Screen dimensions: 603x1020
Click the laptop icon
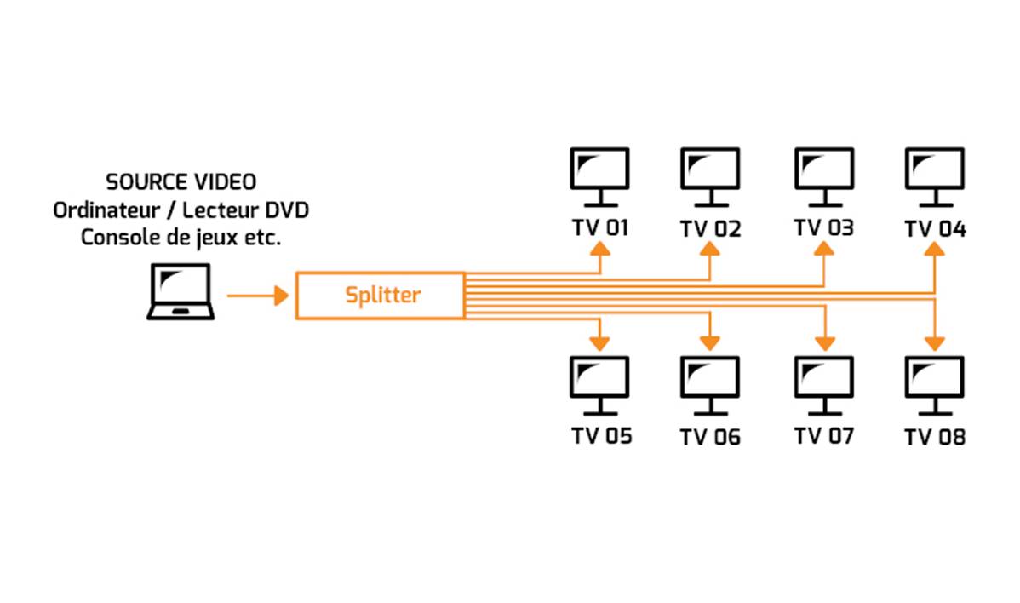coord(181,291)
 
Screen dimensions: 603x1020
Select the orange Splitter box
coord(380,296)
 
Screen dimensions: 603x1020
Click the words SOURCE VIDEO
coord(181,183)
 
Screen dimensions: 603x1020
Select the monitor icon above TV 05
coord(599,383)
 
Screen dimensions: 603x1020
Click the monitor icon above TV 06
coord(710,383)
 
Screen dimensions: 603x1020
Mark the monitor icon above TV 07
coord(823,383)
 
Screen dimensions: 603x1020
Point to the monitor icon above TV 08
coord(934,383)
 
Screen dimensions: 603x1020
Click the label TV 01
coord(600,229)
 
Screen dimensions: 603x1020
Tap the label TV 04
coord(935,230)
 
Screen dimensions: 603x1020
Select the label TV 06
coord(710,438)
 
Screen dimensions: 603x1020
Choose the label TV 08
coord(935,438)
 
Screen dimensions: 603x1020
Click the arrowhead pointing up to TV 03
coord(823,249)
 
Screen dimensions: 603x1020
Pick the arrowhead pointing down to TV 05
coord(600,342)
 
